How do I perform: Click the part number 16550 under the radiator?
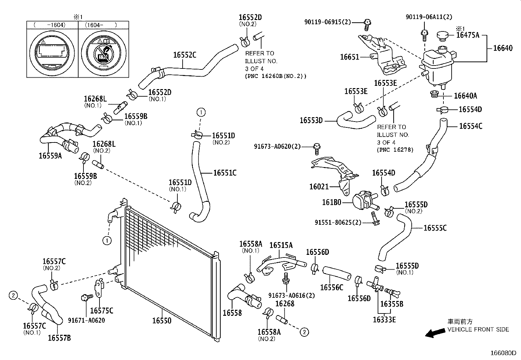(162, 321)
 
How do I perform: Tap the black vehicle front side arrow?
(435, 333)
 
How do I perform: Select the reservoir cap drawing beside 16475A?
(442, 36)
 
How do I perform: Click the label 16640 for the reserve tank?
(503, 48)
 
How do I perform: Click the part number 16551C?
(225, 173)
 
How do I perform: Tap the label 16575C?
(102, 311)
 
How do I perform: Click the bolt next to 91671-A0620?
(87, 297)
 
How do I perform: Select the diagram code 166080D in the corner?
(503, 353)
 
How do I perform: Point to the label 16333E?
(384, 320)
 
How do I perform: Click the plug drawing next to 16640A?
(434, 94)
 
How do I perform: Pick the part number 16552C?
(185, 55)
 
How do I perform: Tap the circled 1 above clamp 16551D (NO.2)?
(201, 112)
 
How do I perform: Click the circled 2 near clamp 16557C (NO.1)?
(13, 295)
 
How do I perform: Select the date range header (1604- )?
(101, 25)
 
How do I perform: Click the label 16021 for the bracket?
(319, 186)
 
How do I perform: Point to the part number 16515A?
(281, 245)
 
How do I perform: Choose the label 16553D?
(311, 121)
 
